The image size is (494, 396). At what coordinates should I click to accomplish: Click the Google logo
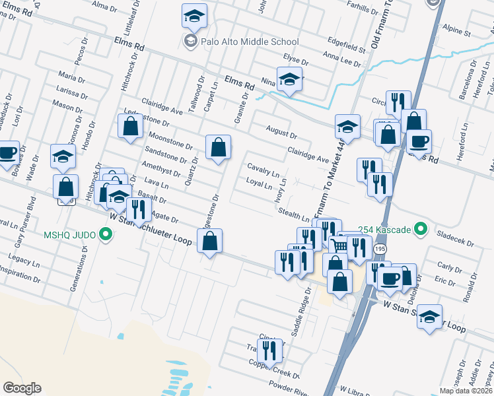pos(22,387)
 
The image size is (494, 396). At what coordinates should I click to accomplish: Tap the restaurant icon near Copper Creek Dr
pos(269,350)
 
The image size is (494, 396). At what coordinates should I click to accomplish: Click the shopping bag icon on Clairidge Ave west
pos(131,125)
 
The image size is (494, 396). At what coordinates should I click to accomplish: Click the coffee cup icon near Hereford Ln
pos(417,141)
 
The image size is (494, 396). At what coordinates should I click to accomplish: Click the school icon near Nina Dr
pos(289,80)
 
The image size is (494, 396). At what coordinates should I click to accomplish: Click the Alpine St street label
pos(456,31)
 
